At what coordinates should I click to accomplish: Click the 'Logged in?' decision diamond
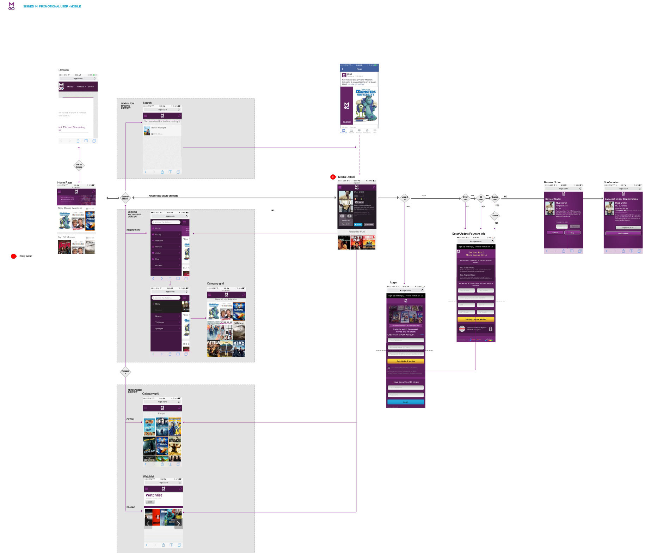pyautogui.click(x=405, y=198)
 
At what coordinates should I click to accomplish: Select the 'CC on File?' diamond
pyautogui.click(x=465, y=198)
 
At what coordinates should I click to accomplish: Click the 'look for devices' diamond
pyautogui.click(x=79, y=166)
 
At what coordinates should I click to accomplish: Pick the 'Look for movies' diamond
pyautogui.click(x=125, y=198)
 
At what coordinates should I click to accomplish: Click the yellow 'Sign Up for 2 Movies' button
pyautogui.click(x=406, y=361)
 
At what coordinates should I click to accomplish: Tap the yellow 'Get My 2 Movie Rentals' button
pyautogui.click(x=476, y=319)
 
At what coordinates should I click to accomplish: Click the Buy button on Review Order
pyautogui.click(x=572, y=233)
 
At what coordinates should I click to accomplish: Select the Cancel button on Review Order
pyautogui.click(x=555, y=233)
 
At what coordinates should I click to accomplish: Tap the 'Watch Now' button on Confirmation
pyautogui.click(x=623, y=234)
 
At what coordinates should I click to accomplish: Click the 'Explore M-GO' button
pyautogui.click(x=628, y=228)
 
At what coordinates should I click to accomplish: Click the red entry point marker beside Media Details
pyautogui.click(x=333, y=177)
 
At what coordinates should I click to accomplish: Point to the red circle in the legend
pyautogui.click(x=14, y=256)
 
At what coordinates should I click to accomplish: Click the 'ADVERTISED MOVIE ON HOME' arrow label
pyautogui.click(x=163, y=196)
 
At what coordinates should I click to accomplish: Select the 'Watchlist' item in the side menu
pyautogui.click(x=159, y=241)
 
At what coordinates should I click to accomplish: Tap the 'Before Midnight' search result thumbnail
pyautogui.click(x=147, y=131)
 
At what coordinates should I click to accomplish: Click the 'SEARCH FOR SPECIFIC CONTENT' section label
pyautogui.click(x=127, y=106)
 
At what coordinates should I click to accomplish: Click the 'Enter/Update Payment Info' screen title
pyautogui.click(x=468, y=234)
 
